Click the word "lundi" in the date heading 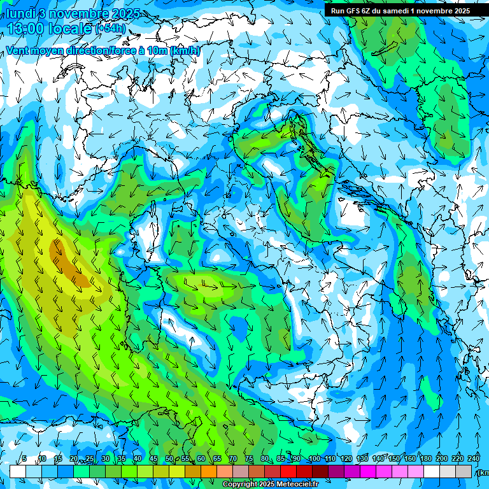click(20, 13)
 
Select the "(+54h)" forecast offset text click(110, 29)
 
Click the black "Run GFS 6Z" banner click(400, 10)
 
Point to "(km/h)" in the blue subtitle click(185, 51)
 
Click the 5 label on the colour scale click(24, 459)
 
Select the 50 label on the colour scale click(169, 459)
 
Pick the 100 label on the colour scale click(315, 459)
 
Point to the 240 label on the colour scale click(474, 459)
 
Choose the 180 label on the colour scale click(425, 459)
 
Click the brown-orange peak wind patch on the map click(67, 261)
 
